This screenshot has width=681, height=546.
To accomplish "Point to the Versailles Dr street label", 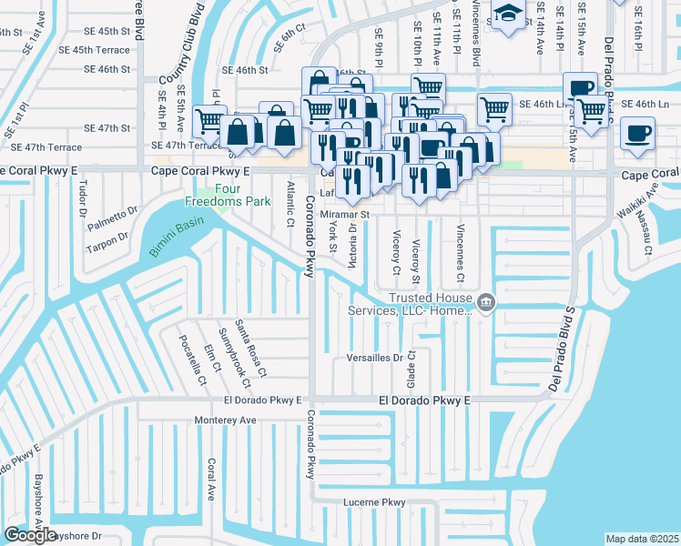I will coord(375,359).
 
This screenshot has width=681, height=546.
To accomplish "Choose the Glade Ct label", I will coord(412,367).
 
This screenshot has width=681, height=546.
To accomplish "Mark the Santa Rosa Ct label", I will coord(250,349).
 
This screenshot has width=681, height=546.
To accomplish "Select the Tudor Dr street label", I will coord(84,196).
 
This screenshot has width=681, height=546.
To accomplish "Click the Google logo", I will coord(31,535).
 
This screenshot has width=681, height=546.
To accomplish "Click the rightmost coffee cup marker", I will coord(637,134).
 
